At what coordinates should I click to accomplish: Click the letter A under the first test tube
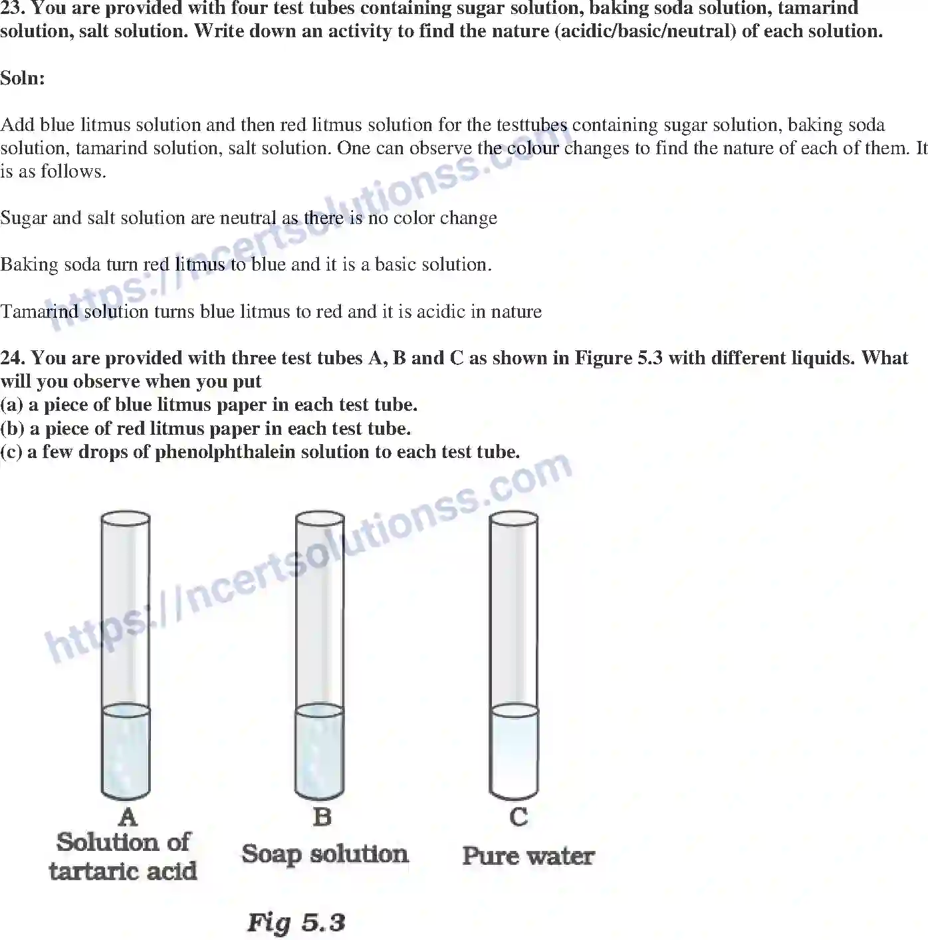pos(126,816)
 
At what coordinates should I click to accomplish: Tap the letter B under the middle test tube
pos(322,816)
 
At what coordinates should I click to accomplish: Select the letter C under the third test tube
pos(519,816)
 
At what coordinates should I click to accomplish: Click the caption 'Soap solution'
pos(324,854)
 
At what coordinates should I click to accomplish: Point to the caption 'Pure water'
pos(528,856)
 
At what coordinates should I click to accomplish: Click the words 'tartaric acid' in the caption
pos(123,871)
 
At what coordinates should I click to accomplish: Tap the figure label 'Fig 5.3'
pos(296,923)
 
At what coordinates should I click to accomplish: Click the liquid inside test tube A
pos(126,751)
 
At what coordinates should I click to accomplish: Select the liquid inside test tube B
pos(319,751)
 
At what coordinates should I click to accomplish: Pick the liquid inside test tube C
pos(514,751)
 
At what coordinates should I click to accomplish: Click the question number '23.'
pos(13,9)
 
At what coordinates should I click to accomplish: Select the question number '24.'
pos(13,358)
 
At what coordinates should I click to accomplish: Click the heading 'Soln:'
pos(23,78)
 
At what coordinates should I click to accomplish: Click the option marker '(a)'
pos(11,405)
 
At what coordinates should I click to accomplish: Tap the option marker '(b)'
pos(12,429)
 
